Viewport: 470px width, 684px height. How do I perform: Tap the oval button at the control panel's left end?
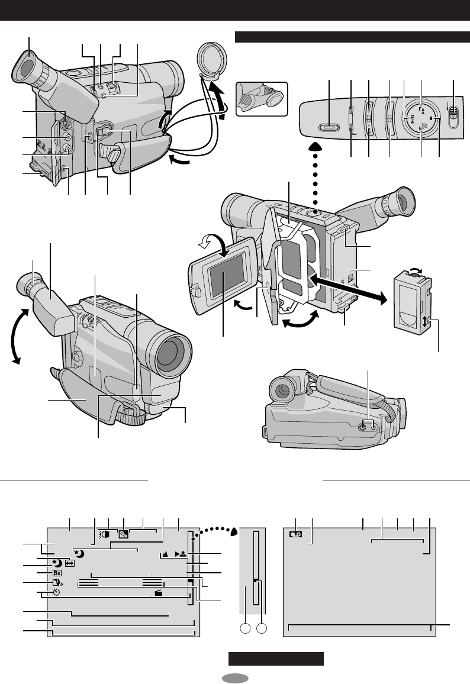(328, 126)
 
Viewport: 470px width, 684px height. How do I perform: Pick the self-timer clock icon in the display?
(57, 592)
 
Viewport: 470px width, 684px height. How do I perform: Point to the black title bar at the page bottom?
(276, 659)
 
